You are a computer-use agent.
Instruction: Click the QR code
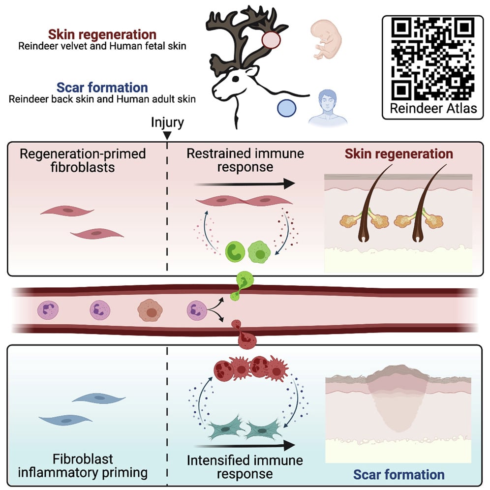tap(433, 58)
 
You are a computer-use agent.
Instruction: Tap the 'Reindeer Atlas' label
tap(433, 108)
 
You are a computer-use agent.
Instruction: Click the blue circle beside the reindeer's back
tap(287, 107)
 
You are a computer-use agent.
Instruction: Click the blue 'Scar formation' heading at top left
tap(102, 88)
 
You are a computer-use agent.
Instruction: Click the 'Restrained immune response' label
tap(245, 160)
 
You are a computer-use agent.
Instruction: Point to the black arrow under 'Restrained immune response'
tap(245, 184)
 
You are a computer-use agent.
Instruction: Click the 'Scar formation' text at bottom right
tap(398, 475)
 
